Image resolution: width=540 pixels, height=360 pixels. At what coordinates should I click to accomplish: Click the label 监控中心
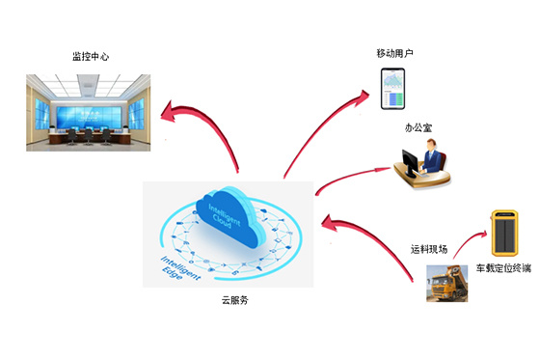(91, 56)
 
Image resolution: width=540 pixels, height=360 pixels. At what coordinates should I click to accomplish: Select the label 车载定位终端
(501, 269)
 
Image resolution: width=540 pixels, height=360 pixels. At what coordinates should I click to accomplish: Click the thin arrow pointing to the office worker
(352, 175)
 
